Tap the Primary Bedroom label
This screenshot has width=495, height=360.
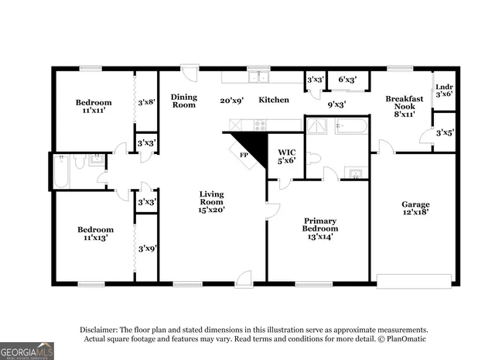click(x=320, y=225)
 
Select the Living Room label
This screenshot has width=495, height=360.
click(x=211, y=200)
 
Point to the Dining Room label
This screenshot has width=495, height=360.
click(x=184, y=101)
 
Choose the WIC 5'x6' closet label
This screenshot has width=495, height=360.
click(x=286, y=156)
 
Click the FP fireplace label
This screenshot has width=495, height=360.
click(x=243, y=155)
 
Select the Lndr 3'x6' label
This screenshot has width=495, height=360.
click(x=444, y=91)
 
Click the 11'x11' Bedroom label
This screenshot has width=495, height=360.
click(x=93, y=106)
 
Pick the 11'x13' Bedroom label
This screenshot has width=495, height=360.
click(x=95, y=234)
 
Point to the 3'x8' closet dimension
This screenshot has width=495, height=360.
click(x=146, y=101)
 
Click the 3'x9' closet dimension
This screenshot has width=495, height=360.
click(x=146, y=249)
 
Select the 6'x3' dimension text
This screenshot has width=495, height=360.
click(x=346, y=80)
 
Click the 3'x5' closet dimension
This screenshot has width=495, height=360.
click(x=444, y=132)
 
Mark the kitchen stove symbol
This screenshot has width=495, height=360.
click(x=260, y=124)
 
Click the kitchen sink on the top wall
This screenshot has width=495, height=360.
click(x=258, y=77)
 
